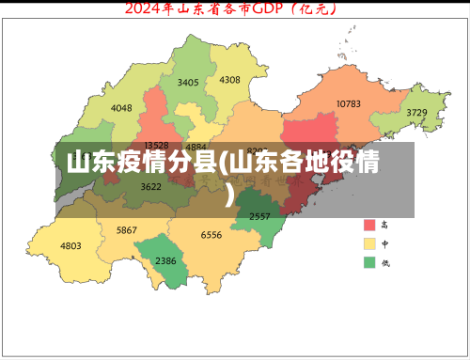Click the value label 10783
[348, 103]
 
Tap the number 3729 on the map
[416, 113]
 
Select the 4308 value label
[229, 80]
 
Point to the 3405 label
[188, 83]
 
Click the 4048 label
[121, 108]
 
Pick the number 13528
[156, 146]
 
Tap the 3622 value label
[150, 186]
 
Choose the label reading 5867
[127, 230]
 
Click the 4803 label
[70, 245]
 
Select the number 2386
[165, 260]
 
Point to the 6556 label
[211, 235]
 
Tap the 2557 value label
[259, 216]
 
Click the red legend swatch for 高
[369, 226]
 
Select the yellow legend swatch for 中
[369, 243]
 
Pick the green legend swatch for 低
[369, 260]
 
